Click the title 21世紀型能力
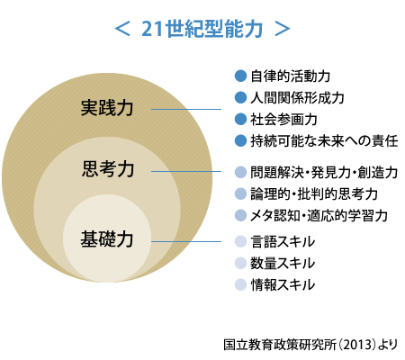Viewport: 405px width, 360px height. click(x=202, y=29)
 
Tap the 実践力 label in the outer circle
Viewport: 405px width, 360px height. click(x=107, y=108)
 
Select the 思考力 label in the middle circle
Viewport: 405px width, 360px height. click(x=108, y=169)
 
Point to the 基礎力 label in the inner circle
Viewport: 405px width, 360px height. click(x=107, y=239)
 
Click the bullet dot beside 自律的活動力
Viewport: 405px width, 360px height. click(x=240, y=76)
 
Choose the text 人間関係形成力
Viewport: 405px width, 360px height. click(x=297, y=98)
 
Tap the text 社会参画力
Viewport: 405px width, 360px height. click(x=283, y=120)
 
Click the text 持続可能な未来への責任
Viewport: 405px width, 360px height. click(x=324, y=141)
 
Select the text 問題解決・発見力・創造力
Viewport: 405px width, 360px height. click(x=324, y=173)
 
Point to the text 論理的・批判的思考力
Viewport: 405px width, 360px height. click(x=314, y=194)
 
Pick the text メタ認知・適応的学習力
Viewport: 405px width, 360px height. click(x=319, y=216)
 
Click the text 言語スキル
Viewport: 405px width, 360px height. click(x=283, y=242)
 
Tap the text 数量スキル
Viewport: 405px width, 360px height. click(x=283, y=263)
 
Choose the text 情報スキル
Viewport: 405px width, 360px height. click(x=283, y=284)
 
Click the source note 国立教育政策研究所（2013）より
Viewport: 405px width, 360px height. click(x=310, y=345)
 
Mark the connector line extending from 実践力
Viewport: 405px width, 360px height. click(x=186, y=109)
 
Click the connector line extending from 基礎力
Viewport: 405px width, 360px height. click(x=186, y=241)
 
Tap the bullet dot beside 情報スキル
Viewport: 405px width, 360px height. click(x=240, y=284)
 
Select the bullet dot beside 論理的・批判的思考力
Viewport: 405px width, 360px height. click(x=240, y=193)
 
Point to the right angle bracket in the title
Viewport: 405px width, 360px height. click(x=283, y=29)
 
